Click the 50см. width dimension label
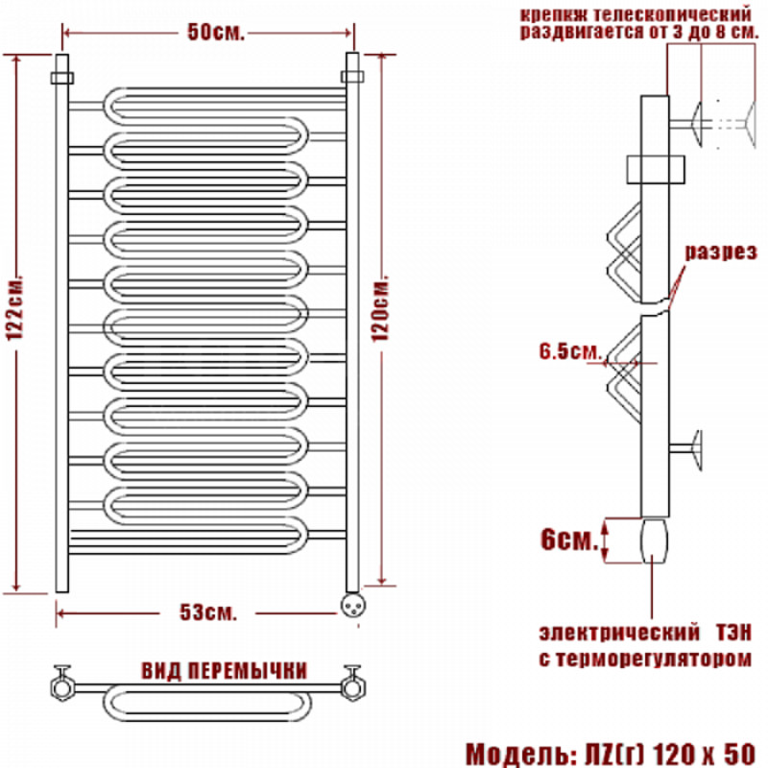point(215,33)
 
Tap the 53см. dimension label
point(207,612)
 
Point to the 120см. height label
point(380,309)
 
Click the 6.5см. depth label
point(570,351)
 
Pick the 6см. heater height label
point(569,540)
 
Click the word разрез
point(721,252)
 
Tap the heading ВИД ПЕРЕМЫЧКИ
point(225,670)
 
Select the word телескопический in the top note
point(672,13)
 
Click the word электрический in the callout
point(619,633)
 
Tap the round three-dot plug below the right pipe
point(352,606)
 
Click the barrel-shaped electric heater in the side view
point(654,540)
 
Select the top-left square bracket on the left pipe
point(62,78)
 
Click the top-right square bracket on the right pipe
point(352,77)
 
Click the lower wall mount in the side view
point(685,449)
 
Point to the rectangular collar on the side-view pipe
point(656,170)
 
